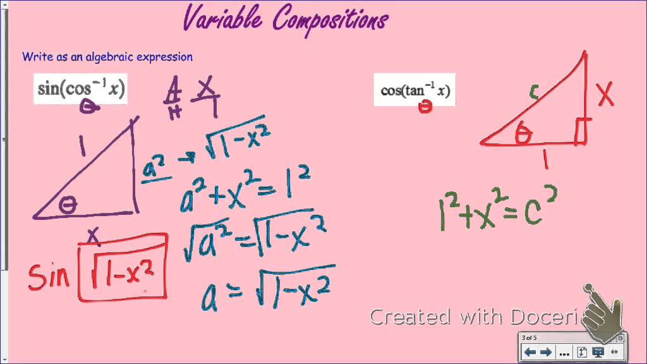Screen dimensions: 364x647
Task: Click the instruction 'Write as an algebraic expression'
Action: coord(107,57)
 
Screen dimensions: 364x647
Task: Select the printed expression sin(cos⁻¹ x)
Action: coord(81,89)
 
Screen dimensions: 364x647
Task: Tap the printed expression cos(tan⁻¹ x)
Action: coord(415,90)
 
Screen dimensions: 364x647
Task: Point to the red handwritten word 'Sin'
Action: coord(49,276)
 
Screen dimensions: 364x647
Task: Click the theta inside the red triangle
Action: coord(523,134)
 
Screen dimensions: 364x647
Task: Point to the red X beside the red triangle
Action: coord(605,94)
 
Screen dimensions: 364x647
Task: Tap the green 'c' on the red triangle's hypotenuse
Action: coord(534,94)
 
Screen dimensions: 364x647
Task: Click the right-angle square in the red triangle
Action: coord(581,131)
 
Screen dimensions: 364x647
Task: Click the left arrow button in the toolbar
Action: coord(529,353)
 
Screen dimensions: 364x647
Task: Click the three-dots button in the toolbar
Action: coord(564,353)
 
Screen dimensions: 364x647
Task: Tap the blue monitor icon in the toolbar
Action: coord(597,353)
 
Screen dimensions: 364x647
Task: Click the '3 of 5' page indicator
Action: coord(529,338)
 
